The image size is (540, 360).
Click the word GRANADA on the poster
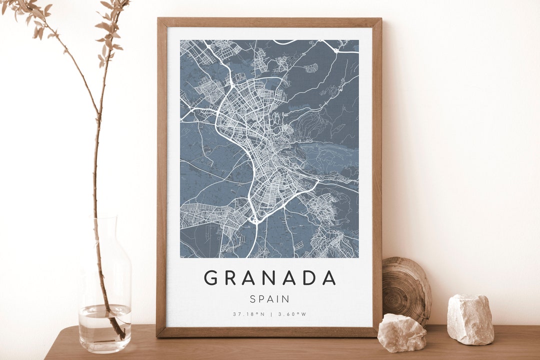click(269, 277)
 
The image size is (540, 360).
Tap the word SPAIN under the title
click(269, 299)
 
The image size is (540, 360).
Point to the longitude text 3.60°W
click(292, 314)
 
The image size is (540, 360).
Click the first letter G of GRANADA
click(210, 277)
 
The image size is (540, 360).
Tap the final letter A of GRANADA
click(329, 277)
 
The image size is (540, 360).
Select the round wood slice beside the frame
click(406, 290)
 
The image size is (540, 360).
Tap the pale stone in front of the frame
click(402, 332)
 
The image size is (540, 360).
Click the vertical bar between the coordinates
click(270, 314)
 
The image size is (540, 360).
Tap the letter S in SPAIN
click(253, 299)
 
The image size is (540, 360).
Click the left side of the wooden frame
click(161, 175)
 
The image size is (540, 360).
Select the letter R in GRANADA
click(230, 277)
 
